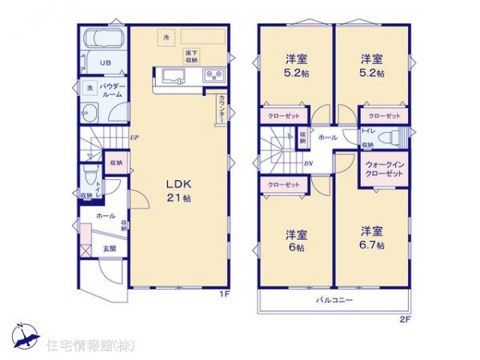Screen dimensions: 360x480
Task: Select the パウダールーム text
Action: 110,90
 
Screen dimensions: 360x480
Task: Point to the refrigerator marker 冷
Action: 166,37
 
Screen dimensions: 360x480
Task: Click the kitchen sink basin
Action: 174,77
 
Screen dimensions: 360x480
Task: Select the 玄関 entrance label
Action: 108,250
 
